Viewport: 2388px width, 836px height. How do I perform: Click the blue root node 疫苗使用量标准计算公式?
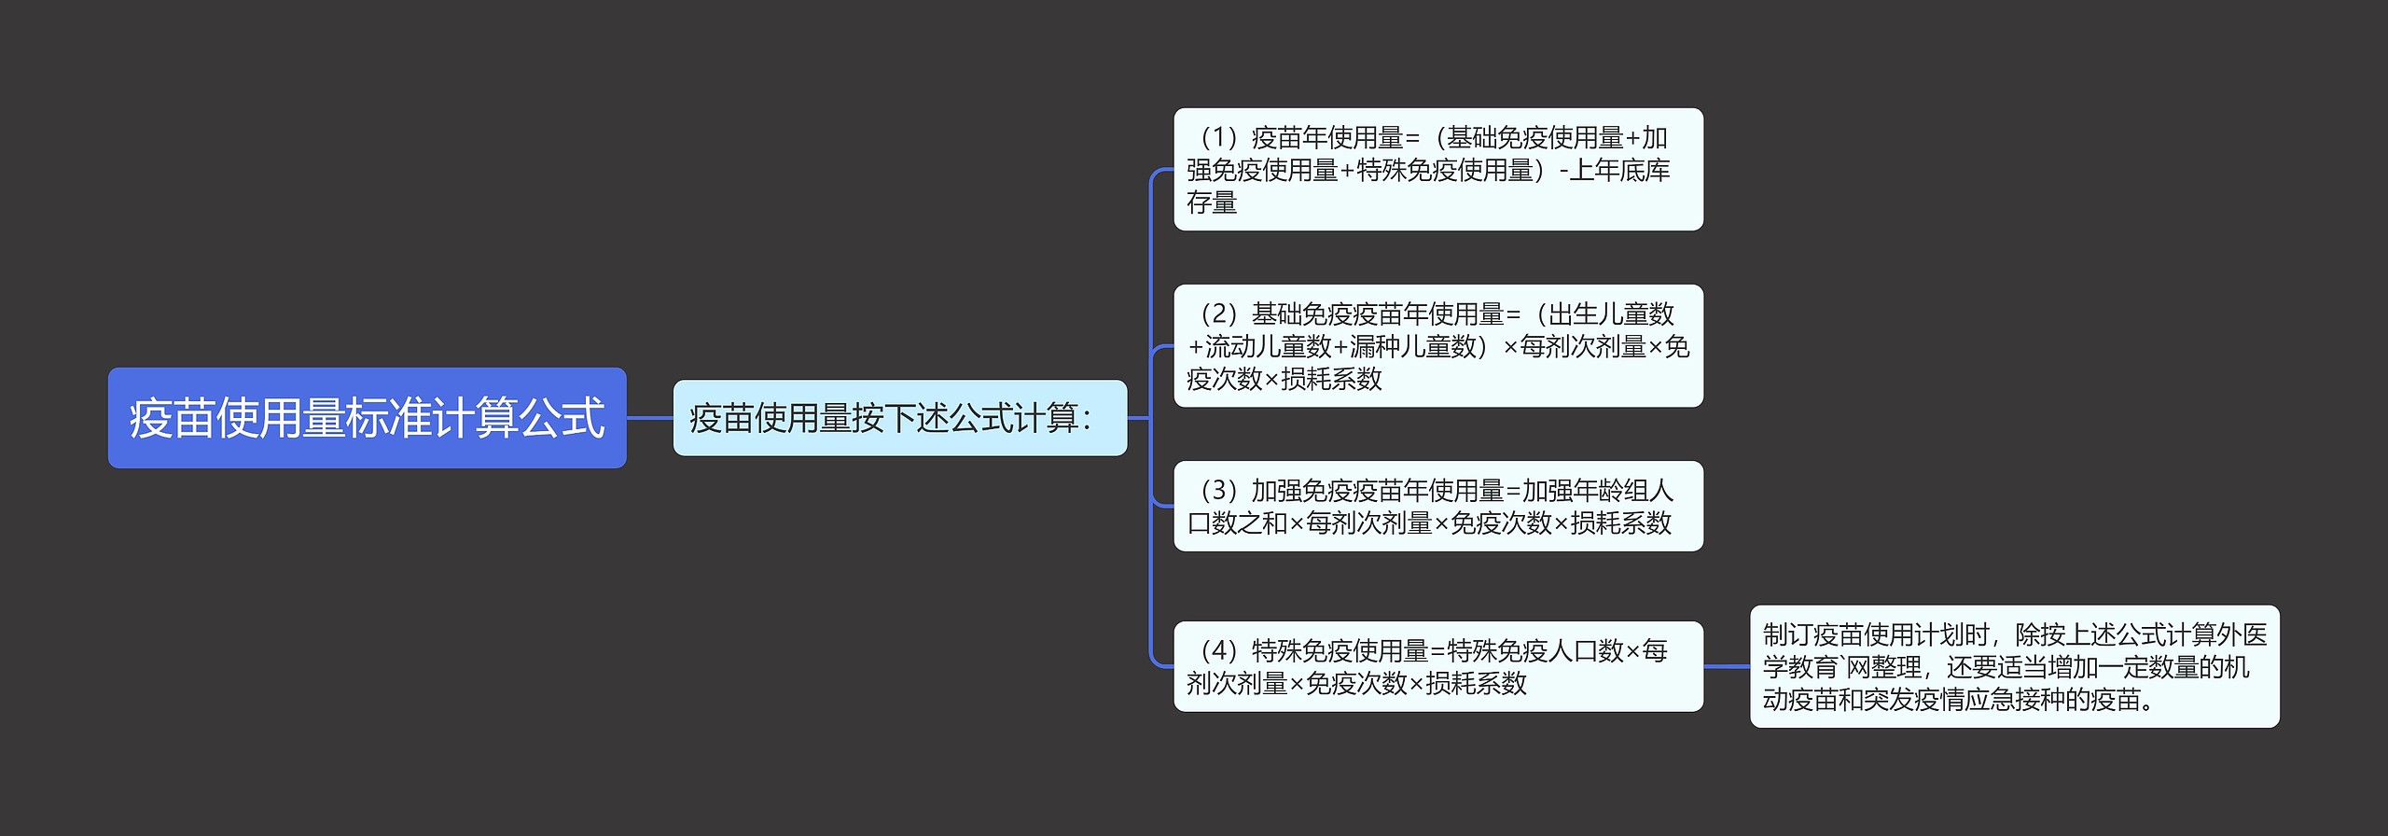pyautogui.click(x=367, y=418)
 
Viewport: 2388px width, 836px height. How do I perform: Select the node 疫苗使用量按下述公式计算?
pyautogui.click(x=899, y=418)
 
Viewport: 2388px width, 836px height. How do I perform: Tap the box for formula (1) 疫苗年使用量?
pyautogui.click(x=1437, y=170)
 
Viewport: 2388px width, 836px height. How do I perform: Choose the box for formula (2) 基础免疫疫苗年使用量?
pyautogui.click(x=1437, y=346)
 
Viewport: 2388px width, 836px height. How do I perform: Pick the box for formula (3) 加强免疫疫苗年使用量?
pyautogui.click(x=1437, y=506)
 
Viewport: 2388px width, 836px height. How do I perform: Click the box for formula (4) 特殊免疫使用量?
pyautogui.click(x=1437, y=666)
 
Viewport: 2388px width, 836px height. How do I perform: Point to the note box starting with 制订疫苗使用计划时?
pyautogui.click(x=2014, y=666)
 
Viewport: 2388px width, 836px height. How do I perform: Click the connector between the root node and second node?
pyautogui.click(x=649, y=418)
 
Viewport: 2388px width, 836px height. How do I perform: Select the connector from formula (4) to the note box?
pyautogui.click(x=1726, y=666)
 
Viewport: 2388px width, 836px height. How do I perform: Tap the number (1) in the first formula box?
pyautogui.click(x=1218, y=138)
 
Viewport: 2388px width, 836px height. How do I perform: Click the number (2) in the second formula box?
pyautogui.click(x=1218, y=314)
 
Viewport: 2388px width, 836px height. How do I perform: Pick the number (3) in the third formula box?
pyautogui.click(x=1218, y=491)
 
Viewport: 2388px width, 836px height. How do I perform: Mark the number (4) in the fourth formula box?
pyautogui.click(x=1218, y=650)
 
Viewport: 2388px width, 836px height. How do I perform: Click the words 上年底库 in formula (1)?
pyautogui.click(x=1619, y=171)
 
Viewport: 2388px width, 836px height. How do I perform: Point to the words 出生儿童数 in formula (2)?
pyautogui.click(x=1611, y=314)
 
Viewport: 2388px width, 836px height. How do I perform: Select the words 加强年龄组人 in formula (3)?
pyautogui.click(x=1597, y=491)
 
